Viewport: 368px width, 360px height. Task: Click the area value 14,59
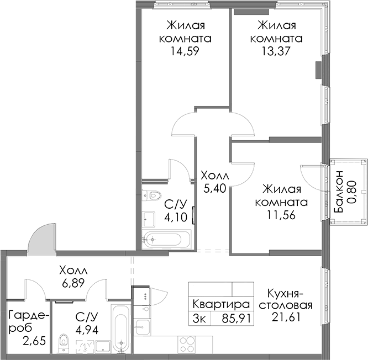tap(185, 51)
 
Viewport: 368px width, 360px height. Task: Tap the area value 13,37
tap(276, 51)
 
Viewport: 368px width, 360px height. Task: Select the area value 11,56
tap(281, 215)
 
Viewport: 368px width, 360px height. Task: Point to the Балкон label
tap(339, 192)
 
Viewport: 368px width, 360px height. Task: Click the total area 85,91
tap(236, 319)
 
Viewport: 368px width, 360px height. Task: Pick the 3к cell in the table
tap(199, 319)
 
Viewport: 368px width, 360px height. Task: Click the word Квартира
tap(221, 304)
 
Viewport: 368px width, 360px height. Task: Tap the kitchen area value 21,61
tap(286, 317)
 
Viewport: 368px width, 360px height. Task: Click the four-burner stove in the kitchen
tap(187, 345)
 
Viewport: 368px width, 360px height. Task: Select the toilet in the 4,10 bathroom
tap(152, 195)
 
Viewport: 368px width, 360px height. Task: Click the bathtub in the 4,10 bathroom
tap(166, 239)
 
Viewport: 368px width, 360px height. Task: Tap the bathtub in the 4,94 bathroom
tap(121, 329)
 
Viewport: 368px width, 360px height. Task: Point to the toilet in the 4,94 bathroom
tap(63, 343)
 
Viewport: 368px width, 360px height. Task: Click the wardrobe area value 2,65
tap(34, 341)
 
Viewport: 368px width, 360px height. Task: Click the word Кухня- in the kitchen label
tap(286, 293)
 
